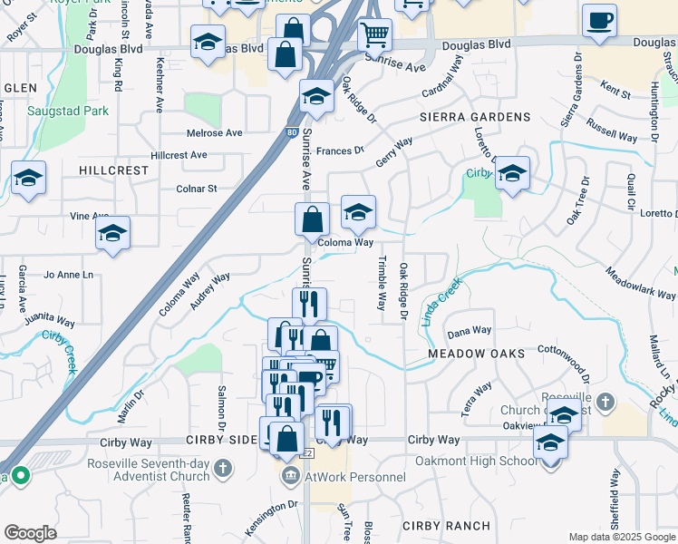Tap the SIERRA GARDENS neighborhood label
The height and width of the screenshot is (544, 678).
[x=474, y=117]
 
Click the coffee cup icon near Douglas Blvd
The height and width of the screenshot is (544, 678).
[x=599, y=21]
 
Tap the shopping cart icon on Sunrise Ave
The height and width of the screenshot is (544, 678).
[x=374, y=36]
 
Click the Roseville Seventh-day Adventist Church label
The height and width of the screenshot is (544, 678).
[x=150, y=469]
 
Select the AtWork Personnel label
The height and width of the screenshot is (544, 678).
[x=355, y=477]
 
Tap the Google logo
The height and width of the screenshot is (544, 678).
[x=30, y=533]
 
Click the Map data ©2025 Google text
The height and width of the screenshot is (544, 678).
[x=622, y=537]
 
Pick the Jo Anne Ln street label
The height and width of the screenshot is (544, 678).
[x=68, y=274]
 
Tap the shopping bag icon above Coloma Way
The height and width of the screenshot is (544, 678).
[x=312, y=219]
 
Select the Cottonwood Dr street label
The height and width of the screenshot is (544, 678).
[x=564, y=361]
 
